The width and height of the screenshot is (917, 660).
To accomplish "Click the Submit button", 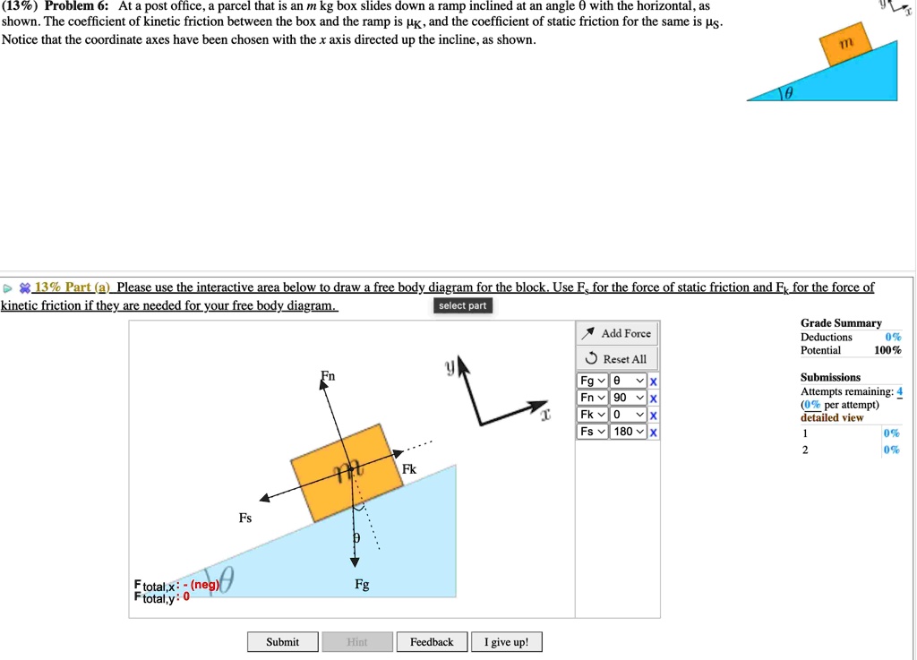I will (282, 642).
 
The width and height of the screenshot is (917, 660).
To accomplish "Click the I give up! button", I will (506, 642).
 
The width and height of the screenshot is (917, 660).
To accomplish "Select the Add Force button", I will (618, 334).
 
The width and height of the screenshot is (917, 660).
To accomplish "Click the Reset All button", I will (618, 359).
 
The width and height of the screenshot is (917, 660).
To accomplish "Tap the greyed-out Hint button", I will (356, 642).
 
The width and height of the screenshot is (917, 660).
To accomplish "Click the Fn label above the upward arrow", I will (329, 376).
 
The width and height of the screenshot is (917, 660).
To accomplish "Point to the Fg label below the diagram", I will (362, 585).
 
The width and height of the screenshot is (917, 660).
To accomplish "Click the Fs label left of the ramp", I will (245, 518).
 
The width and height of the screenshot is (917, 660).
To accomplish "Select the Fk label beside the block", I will (409, 469).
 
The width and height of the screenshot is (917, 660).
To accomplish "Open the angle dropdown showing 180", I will (629, 432).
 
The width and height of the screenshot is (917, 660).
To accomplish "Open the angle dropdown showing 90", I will (629, 398).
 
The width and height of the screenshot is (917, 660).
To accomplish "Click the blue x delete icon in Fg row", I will (654, 381).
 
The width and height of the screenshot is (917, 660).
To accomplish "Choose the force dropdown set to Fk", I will (592, 415).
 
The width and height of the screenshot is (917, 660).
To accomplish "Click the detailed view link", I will (831, 417).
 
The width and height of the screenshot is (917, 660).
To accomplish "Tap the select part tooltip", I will (462, 306).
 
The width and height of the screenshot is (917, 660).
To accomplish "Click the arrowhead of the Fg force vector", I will (355, 561).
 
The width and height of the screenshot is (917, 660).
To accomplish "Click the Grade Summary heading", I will (841, 323).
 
